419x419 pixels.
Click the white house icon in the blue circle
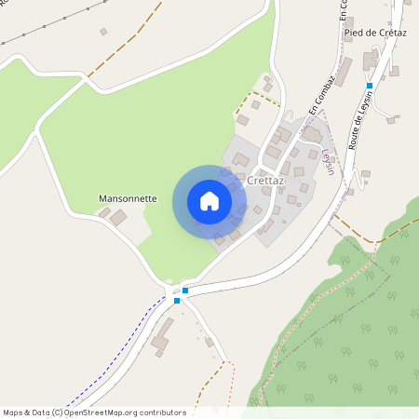click(x=209, y=201)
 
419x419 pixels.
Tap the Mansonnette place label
click(x=128, y=199)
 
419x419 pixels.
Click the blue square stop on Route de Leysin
click(x=370, y=86)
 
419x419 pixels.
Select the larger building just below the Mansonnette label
click(x=119, y=218)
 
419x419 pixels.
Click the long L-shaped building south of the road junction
click(x=163, y=336)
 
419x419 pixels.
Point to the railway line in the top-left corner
click(x=37, y=34)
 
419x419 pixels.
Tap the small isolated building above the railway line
click(x=103, y=32)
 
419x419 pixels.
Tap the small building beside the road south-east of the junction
click(x=209, y=342)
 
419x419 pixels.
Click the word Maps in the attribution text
click(x=14, y=412)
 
